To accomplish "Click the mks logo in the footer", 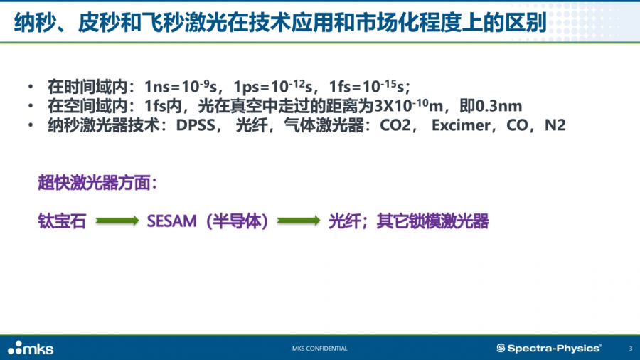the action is [31, 348].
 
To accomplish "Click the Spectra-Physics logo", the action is [549, 348].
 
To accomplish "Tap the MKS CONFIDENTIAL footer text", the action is [319, 349].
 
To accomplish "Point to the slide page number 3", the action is [631, 349].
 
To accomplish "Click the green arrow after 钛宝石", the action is [117, 221].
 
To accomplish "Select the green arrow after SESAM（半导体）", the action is [299, 221].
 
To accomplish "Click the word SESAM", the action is [172, 221].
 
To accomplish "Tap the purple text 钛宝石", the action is [62, 221].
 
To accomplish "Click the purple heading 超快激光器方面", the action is [97, 182].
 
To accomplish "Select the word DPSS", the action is [195, 125].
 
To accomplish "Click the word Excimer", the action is [461, 125].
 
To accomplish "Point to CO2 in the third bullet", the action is [395, 125].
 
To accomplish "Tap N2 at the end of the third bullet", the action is [555, 125].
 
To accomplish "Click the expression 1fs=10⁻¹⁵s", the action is [366, 86].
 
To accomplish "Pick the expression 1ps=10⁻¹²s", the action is [272, 86].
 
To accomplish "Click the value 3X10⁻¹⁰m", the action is [409, 106].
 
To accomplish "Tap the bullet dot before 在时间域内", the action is [31, 87].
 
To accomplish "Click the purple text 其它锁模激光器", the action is [432, 221].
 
